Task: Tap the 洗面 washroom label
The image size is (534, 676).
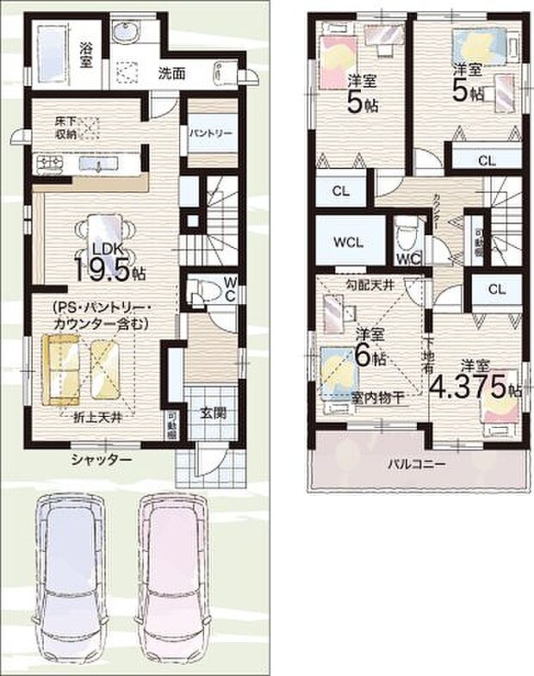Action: [x=171, y=74]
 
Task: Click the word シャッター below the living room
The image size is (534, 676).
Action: [x=102, y=461]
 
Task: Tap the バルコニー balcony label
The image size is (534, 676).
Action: [x=415, y=463]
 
